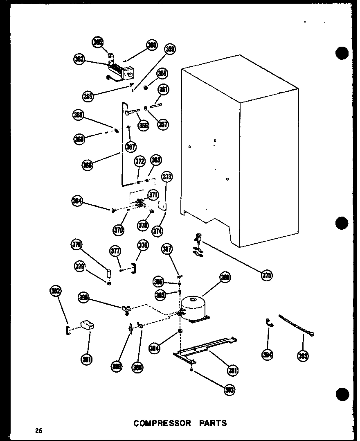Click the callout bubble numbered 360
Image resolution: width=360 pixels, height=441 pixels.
pyautogui.click(x=152, y=45)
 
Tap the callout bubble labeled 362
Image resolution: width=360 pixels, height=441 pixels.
pyautogui.click(x=79, y=59)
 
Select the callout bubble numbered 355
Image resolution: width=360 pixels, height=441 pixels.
pyautogui.click(x=162, y=74)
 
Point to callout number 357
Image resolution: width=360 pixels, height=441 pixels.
pyautogui.click(x=163, y=124)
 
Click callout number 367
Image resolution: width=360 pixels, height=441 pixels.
pyautogui.click(x=131, y=146)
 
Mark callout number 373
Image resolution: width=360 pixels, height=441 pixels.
pyautogui.click(x=167, y=177)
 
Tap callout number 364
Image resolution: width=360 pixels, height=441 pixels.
pyautogui.click(x=77, y=201)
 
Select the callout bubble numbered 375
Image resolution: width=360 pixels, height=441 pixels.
pyautogui.click(x=267, y=275)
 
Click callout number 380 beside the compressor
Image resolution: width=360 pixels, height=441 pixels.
pyautogui.click(x=225, y=278)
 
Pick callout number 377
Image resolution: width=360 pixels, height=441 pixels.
pyautogui.click(x=115, y=251)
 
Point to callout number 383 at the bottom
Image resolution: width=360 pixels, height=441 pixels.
pyautogui.click(x=230, y=390)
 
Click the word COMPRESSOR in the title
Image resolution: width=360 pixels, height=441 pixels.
pyautogui.click(x=162, y=423)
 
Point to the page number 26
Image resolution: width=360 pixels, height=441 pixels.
pyautogui.click(x=38, y=430)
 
